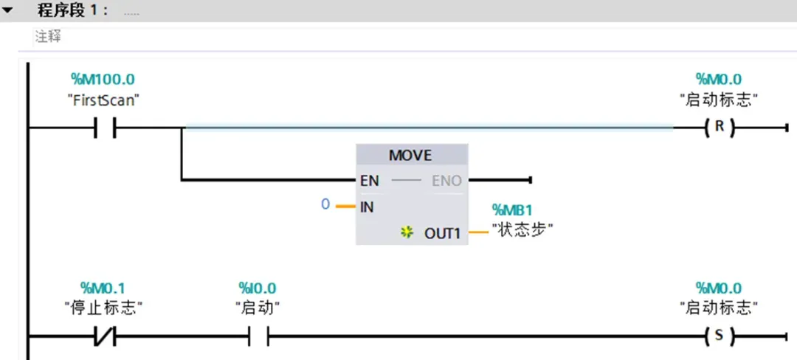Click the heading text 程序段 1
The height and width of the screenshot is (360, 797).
73,12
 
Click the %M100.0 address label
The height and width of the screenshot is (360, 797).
103,79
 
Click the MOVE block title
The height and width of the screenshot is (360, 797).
410,156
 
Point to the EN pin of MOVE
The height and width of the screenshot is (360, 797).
370,180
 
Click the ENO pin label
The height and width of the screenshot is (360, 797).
446,180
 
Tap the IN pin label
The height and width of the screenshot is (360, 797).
368,207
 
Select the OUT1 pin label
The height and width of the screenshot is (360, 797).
442,233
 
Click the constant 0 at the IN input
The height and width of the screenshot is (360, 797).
325,204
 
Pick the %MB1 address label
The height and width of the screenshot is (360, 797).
511,210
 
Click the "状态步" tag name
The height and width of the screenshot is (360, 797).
522,231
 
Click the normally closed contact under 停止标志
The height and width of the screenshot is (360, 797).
105,337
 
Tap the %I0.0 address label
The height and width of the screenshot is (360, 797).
257,288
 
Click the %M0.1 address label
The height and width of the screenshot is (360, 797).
103,288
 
